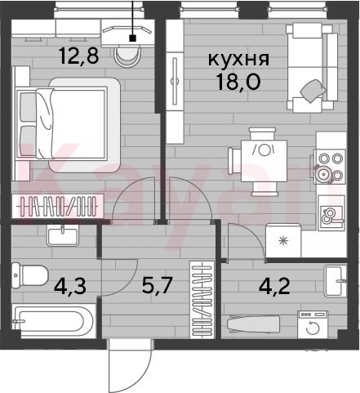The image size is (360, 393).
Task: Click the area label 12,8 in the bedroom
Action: pyautogui.click(x=78, y=56)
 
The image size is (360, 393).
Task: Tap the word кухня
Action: pyautogui.click(x=238, y=59)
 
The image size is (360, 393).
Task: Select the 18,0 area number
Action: pyautogui.click(x=238, y=82)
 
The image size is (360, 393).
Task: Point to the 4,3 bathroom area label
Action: pyautogui.click(x=70, y=286)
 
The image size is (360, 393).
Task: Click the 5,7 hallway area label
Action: pyautogui.click(x=158, y=285)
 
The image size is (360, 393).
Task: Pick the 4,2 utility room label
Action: pyautogui.click(x=274, y=286)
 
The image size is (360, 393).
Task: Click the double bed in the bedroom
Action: pyautogui.click(x=68, y=125)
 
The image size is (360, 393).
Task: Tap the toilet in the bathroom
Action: pyautogui.click(x=30, y=275)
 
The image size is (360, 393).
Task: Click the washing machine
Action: pyautogui.click(x=313, y=324)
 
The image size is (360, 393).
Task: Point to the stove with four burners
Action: pyautogui.click(x=330, y=167)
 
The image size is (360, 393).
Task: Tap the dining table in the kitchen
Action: pyautogui.click(x=264, y=161)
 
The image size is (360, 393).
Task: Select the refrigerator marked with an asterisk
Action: pyautogui.click(x=283, y=240)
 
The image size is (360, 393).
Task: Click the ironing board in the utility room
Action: pyautogui.click(x=254, y=324)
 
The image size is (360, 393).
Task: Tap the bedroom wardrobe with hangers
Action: pyautogui.click(x=58, y=206)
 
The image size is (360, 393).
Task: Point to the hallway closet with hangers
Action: pyautogui.click(x=202, y=299)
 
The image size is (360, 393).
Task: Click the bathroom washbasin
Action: pyautogui.click(x=63, y=235)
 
